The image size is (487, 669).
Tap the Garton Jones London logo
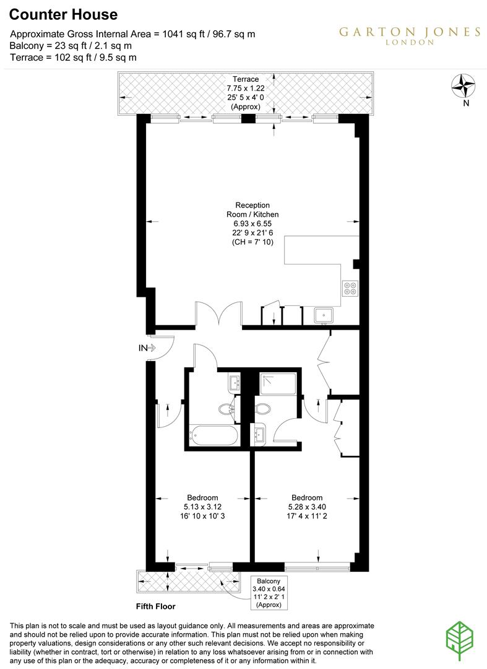410,35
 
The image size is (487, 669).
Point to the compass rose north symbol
463,86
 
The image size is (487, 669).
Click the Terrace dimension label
246,93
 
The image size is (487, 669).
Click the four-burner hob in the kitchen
350,289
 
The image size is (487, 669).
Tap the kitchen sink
323,315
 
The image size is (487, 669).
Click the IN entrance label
143,348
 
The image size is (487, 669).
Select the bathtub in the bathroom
213,436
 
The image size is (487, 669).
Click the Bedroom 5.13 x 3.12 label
202,507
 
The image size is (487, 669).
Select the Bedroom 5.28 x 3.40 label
307,507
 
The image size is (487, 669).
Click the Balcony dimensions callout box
269,593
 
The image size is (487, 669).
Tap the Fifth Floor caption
157,606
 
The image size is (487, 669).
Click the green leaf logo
460,637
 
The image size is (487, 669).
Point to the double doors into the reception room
218,313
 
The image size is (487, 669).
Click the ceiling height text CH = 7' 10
252,242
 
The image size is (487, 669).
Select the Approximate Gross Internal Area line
133,34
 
